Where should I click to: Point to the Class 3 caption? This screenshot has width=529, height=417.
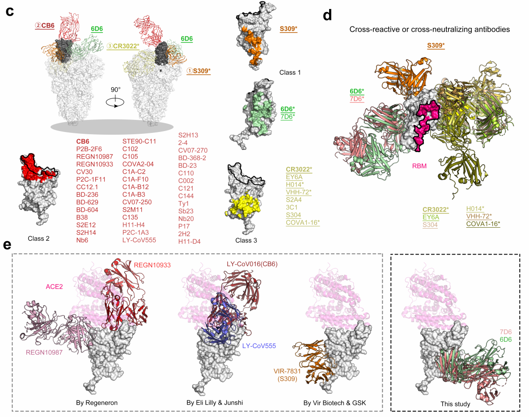pos(247,240)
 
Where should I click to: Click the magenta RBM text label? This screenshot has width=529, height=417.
pos(419,166)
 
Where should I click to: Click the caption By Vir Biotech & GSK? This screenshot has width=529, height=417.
pos(334,403)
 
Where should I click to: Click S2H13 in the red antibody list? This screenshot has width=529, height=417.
pos(188,135)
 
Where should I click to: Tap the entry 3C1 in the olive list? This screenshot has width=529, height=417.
pos(291,208)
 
